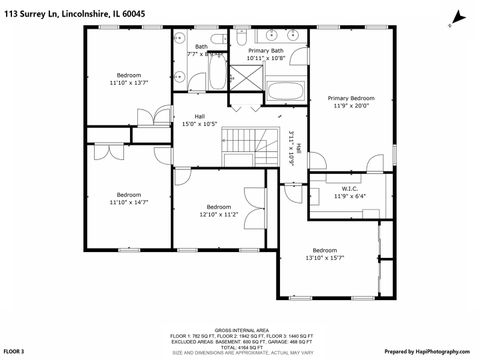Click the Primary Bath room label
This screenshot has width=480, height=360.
pos(266,50)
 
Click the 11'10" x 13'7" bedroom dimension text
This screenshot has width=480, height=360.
pos(129,82)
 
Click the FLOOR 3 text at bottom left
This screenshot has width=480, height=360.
pos(14,352)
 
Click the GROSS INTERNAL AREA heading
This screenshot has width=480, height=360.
pos(240,328)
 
